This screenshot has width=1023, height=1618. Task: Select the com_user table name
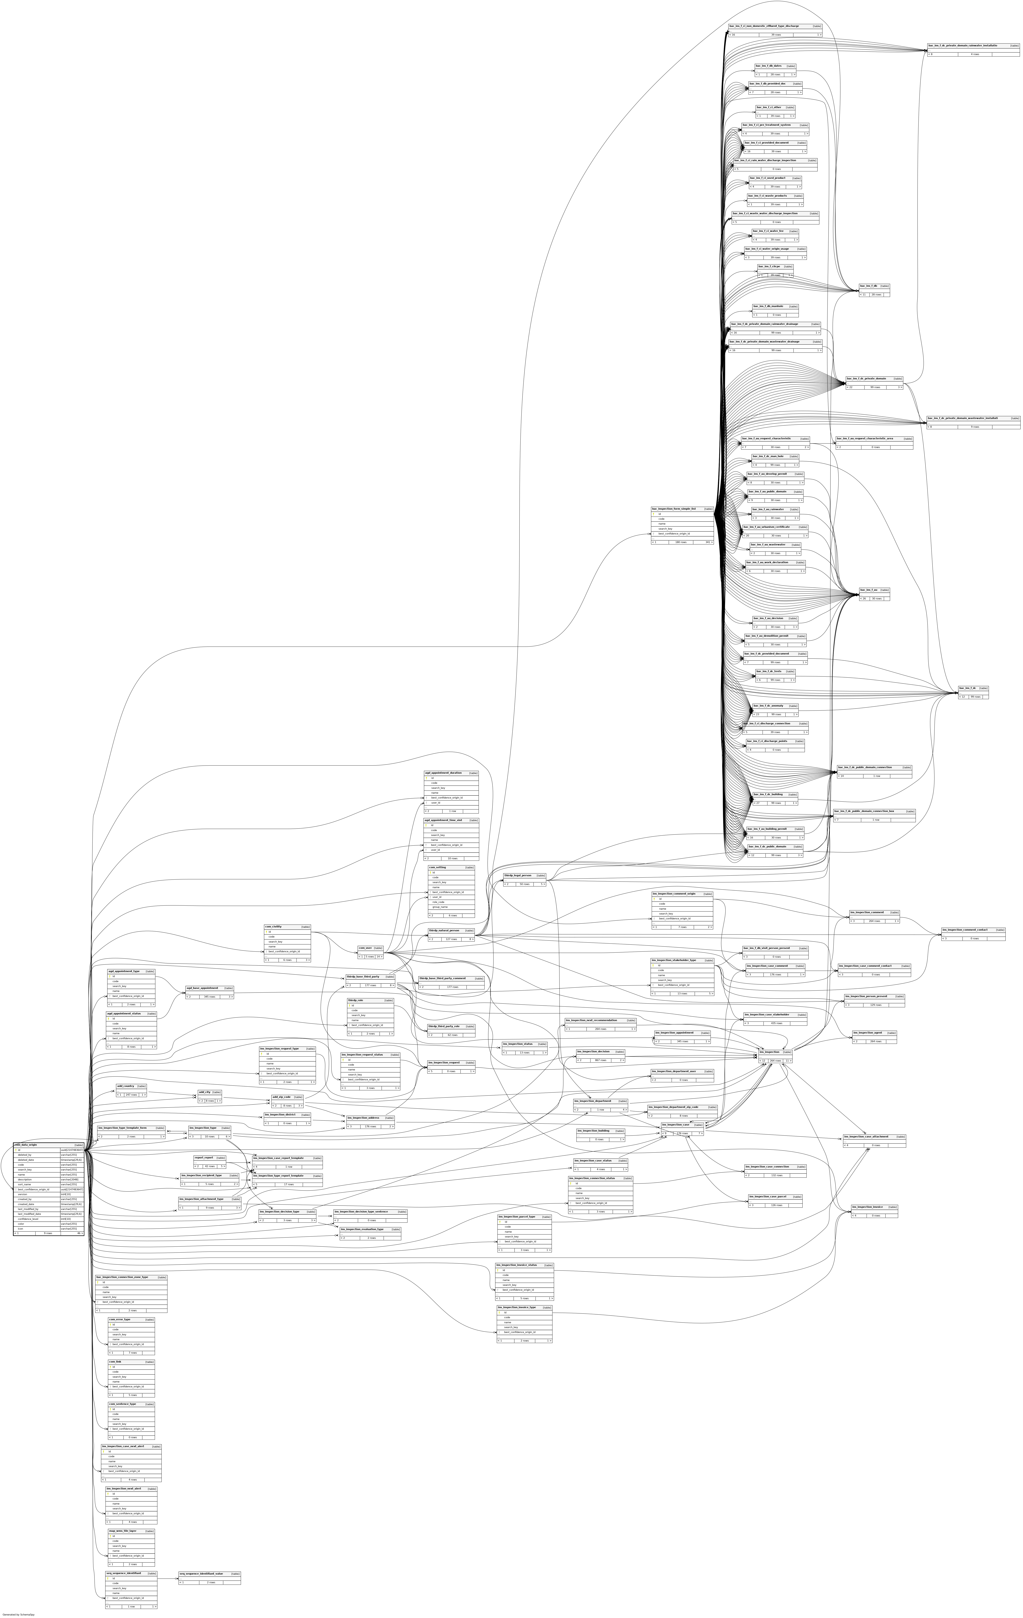point(365,947)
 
